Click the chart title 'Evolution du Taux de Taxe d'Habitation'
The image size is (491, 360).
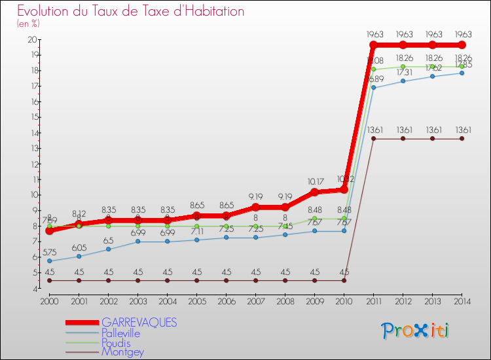pos(131,11)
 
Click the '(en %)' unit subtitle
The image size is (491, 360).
pos(29,24)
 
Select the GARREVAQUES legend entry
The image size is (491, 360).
pos(139,323)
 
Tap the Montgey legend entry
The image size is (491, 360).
pos(122,352)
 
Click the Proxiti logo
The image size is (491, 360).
pos(416,331)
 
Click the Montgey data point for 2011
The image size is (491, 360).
pos(373,138)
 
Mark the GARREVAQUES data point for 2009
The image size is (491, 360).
pos(314,192)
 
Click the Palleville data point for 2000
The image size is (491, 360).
pos(49,261)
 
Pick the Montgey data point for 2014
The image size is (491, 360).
pos(462,138)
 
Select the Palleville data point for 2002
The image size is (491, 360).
pos(108,249)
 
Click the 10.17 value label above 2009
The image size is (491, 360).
pos(314,181)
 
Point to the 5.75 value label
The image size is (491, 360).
pos(49,251)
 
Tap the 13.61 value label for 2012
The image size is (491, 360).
pos(403,129)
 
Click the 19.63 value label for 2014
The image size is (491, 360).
pos(462,35)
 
